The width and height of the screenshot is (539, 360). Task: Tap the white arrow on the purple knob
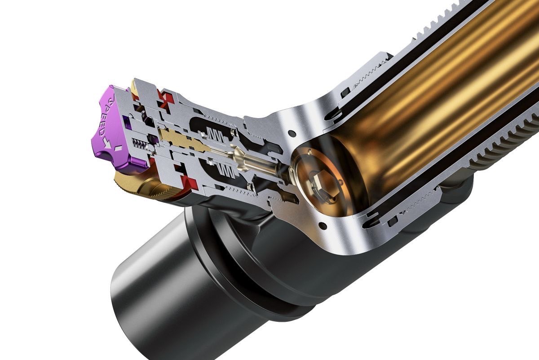(x=107, y=144)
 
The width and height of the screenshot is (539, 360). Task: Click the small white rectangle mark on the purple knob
(x=118, y=148)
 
